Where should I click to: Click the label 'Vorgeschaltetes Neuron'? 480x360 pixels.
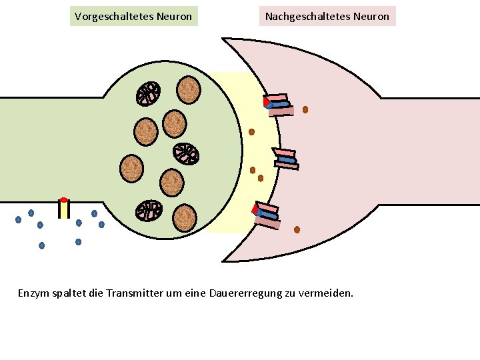pos(133,16)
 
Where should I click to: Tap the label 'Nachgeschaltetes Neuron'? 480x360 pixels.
pos(327,16)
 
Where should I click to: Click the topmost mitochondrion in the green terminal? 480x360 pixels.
pos(148,94)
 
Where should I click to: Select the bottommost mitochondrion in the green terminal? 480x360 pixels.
pos(149,211)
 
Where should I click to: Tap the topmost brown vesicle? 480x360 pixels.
pos(189,90)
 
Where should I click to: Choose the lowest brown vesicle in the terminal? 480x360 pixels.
pos(184,217)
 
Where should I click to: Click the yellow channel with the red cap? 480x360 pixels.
pos(63,208)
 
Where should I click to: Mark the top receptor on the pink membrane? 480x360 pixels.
pos(279,104)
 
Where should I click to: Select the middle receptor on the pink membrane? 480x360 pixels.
pos(286,158)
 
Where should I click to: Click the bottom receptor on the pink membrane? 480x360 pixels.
pos(269,215)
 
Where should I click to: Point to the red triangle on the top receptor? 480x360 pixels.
pos(266,101)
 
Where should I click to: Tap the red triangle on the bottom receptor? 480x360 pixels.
pos(255,209)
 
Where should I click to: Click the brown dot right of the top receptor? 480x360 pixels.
pos(305,109)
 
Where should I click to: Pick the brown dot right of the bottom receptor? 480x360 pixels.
pos(297,229)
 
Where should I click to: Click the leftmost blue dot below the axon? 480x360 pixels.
pos(19,219)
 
